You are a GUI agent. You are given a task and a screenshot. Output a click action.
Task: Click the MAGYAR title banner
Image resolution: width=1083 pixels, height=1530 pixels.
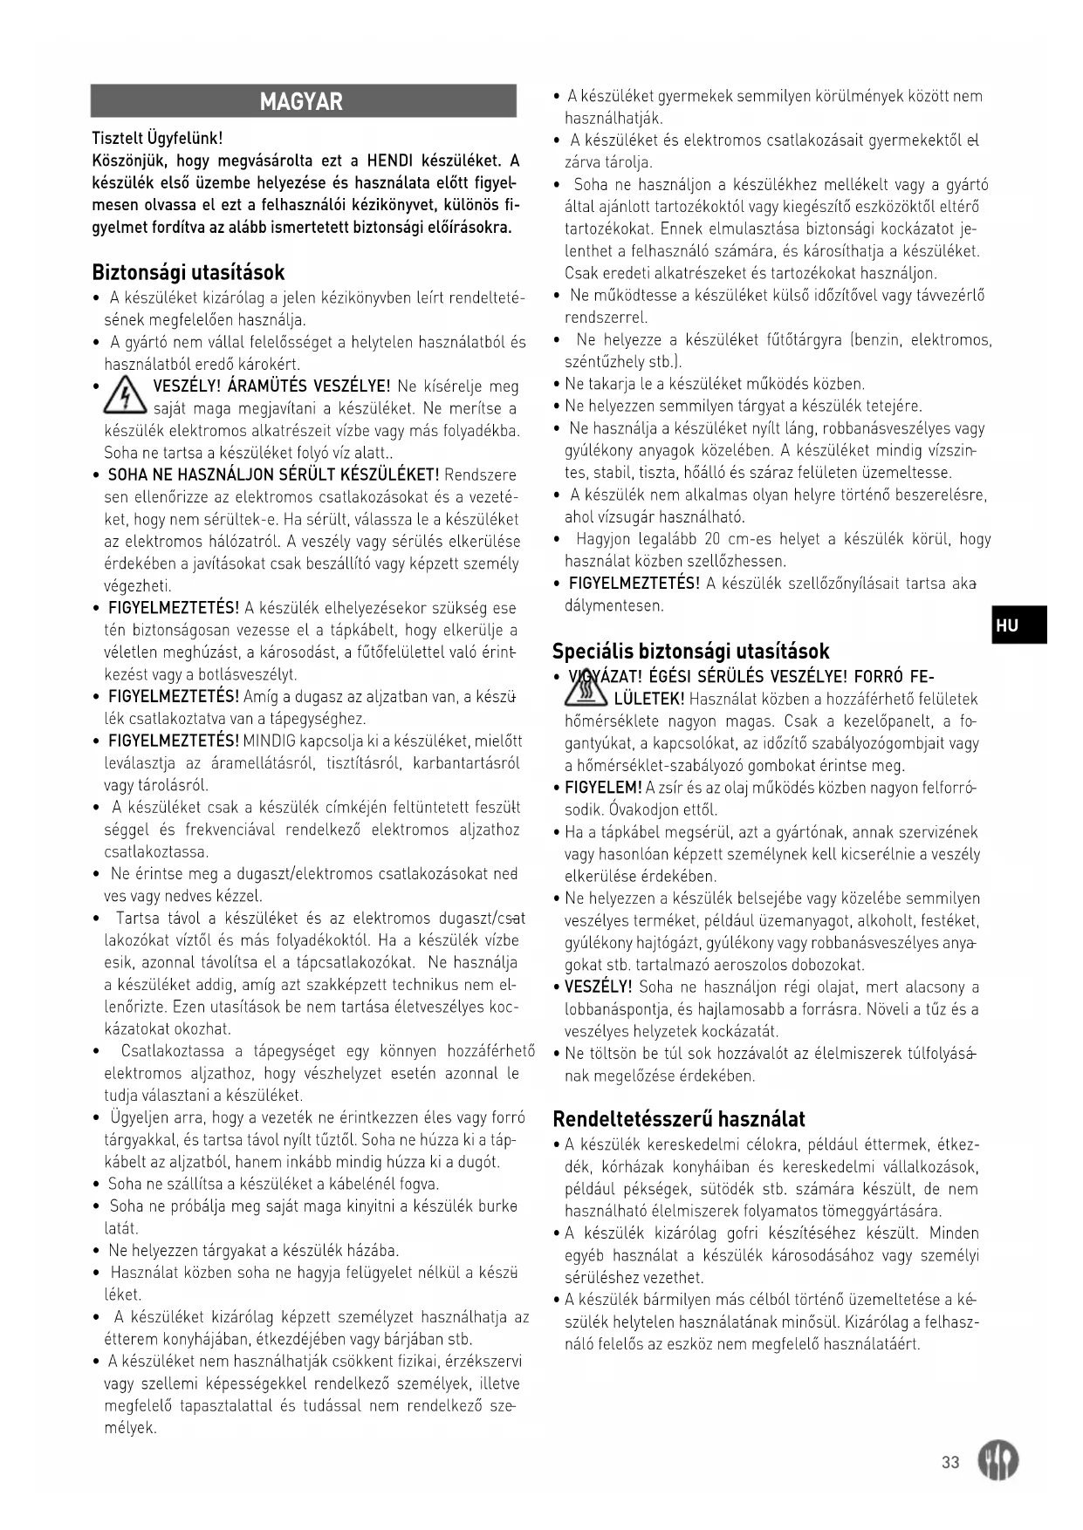[303, 101]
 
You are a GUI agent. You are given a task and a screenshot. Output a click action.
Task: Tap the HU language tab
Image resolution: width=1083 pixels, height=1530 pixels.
[1018, 625]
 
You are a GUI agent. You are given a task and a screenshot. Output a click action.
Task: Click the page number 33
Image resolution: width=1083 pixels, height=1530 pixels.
[950, 1462]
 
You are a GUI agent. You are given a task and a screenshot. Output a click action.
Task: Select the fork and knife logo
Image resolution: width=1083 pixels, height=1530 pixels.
[997, 1459]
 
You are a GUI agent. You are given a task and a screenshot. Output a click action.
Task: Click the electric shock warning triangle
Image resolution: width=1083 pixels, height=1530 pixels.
[125, 397]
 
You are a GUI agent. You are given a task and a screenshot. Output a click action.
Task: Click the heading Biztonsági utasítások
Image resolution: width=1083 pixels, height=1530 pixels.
[188, 272]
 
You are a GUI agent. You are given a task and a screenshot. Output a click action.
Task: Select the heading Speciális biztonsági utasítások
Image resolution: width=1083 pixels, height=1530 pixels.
[690, 651]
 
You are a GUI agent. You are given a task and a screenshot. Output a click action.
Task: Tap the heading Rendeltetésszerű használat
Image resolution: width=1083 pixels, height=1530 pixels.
[679, 1118]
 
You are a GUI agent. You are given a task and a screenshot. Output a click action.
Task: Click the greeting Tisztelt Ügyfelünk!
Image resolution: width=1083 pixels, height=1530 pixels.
[157, 138]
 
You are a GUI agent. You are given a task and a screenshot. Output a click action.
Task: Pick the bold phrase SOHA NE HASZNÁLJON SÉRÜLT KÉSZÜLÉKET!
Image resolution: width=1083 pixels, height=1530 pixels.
[273, 475]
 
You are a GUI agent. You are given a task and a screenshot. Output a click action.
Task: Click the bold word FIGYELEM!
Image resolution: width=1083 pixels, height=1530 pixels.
[603, 788]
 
